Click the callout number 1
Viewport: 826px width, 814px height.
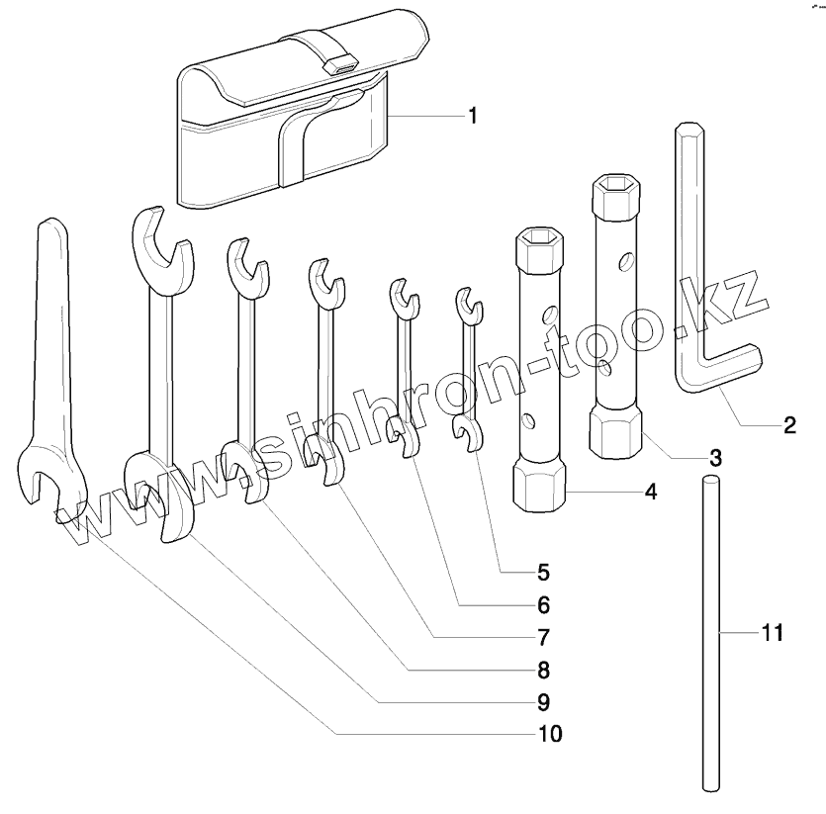point(473,116)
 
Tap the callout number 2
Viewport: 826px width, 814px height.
point(788,426)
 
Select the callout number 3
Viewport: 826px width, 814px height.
point(714,458)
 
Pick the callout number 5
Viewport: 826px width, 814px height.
point(543,571)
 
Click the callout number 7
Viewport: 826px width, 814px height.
point(543,636)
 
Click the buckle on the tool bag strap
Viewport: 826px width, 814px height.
point(339,65)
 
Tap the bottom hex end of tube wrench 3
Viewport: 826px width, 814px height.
point(614,434)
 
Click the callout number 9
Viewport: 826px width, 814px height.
point(543,701)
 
